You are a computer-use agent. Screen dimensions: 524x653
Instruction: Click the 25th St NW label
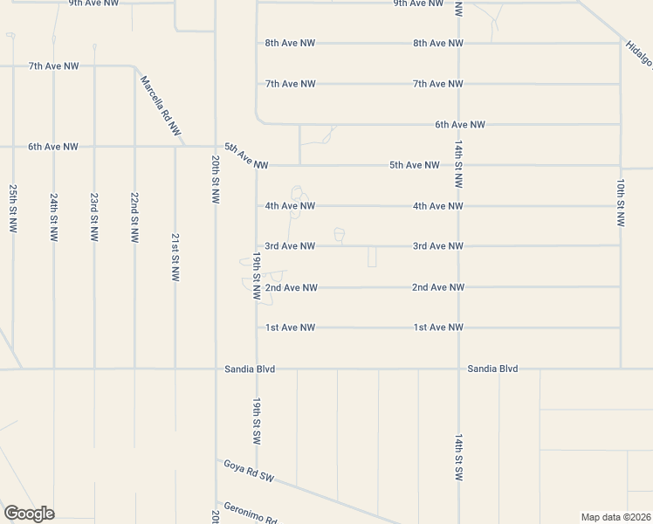click(13, 207)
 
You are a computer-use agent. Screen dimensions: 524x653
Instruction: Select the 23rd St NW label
click(94, 217)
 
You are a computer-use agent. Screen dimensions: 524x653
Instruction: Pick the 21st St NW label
click(175, 257)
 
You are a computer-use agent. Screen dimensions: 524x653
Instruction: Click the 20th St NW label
click(215, 180)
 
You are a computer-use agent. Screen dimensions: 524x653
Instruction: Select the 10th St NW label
click(620, 203)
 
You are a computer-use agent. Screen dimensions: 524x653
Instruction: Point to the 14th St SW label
click(457, 458)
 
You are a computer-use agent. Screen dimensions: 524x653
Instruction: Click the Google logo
click(29, 513)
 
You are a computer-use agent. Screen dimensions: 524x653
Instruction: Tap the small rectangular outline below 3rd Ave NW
click(372, 257)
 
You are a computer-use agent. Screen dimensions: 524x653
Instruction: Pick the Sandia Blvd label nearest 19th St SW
click(249, 369)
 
